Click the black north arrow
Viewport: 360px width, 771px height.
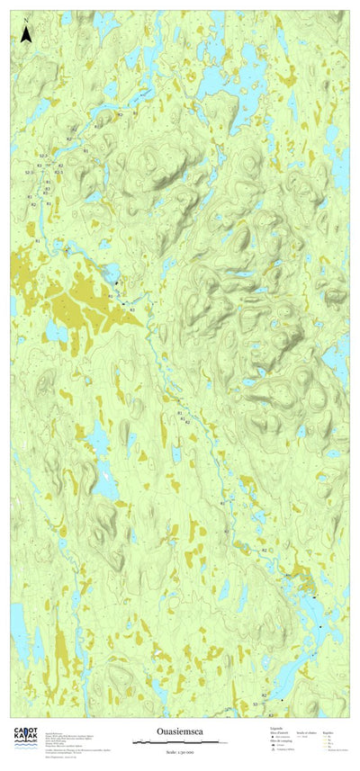(26, 36)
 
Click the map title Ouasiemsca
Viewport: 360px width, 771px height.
(179, 733)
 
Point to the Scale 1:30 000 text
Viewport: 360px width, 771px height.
(179, 751)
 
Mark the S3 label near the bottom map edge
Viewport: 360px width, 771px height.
(256, 704)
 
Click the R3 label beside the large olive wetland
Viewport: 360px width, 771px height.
(132, 309)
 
